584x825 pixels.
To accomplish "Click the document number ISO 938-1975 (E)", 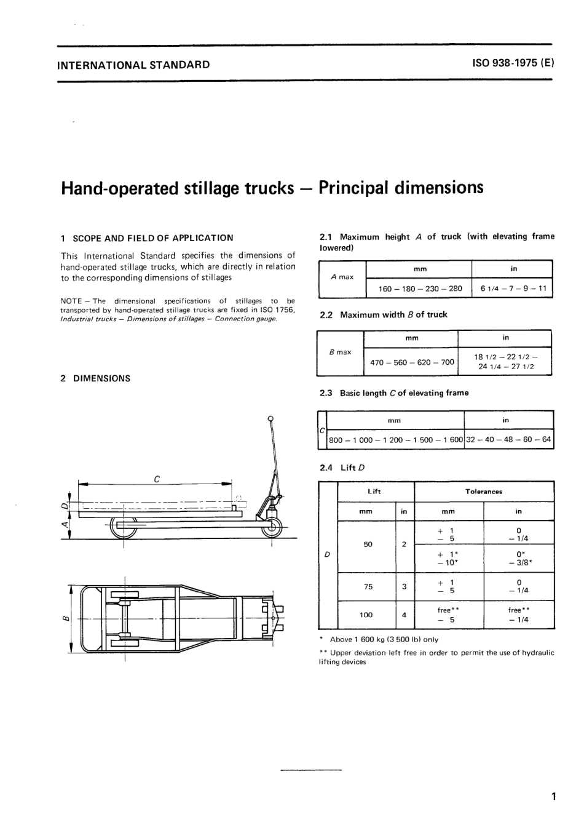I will [x=513, y=63].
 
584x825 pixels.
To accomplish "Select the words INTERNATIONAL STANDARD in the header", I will [x=133, y=64].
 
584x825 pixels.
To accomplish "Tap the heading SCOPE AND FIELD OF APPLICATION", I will [x=152, y=238].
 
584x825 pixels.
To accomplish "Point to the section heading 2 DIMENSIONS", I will [x=95, y=378].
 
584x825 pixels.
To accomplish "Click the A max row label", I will [x=342, y=277].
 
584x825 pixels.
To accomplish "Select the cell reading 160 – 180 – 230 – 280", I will [x=420, y=289].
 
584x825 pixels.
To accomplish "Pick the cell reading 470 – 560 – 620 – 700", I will [x=412, y=362].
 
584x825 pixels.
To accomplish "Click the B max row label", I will [x=340, y=353].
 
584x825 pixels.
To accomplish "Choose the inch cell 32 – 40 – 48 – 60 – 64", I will [x=508, y=440].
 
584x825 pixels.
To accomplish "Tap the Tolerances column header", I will [x=484, y=492].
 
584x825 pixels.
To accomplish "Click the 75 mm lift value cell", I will [x=368, y=587].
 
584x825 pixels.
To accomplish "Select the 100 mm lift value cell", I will [x=368, y=615].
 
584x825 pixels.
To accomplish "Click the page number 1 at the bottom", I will [x=553, y=797].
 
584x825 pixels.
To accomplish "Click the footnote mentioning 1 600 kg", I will [x=384, y=639].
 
